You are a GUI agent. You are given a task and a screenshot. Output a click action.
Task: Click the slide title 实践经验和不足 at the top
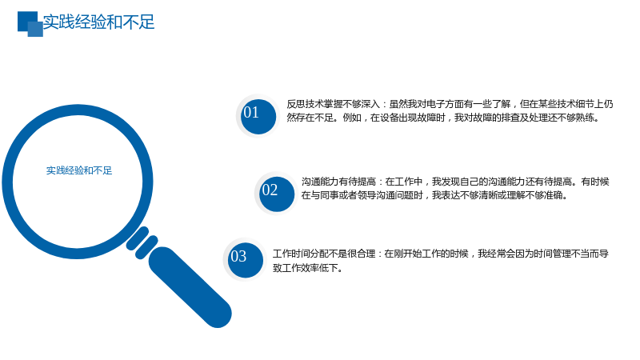pos(98,22)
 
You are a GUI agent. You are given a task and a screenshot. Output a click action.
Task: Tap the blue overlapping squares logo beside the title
pos(30,24)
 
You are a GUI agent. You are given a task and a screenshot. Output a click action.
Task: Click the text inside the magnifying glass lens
pos(78,170)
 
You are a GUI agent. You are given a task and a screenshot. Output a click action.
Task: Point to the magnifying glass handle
pos(190,287)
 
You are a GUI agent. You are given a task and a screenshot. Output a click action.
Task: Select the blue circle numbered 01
pos(258,116)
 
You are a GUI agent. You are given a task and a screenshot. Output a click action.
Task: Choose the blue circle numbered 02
pos(276,194)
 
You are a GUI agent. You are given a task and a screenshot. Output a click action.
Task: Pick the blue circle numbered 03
pos(246,260)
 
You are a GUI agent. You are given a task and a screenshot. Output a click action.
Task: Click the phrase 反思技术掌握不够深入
pos(333,104)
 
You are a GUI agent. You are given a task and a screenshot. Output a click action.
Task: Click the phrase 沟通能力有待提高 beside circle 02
pos(338,182)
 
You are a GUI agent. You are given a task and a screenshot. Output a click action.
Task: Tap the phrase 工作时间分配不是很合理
pos(324,254)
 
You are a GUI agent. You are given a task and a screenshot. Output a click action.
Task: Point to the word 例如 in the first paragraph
pos(352,118)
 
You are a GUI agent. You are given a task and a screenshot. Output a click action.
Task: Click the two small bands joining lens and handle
pos(142,243)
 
